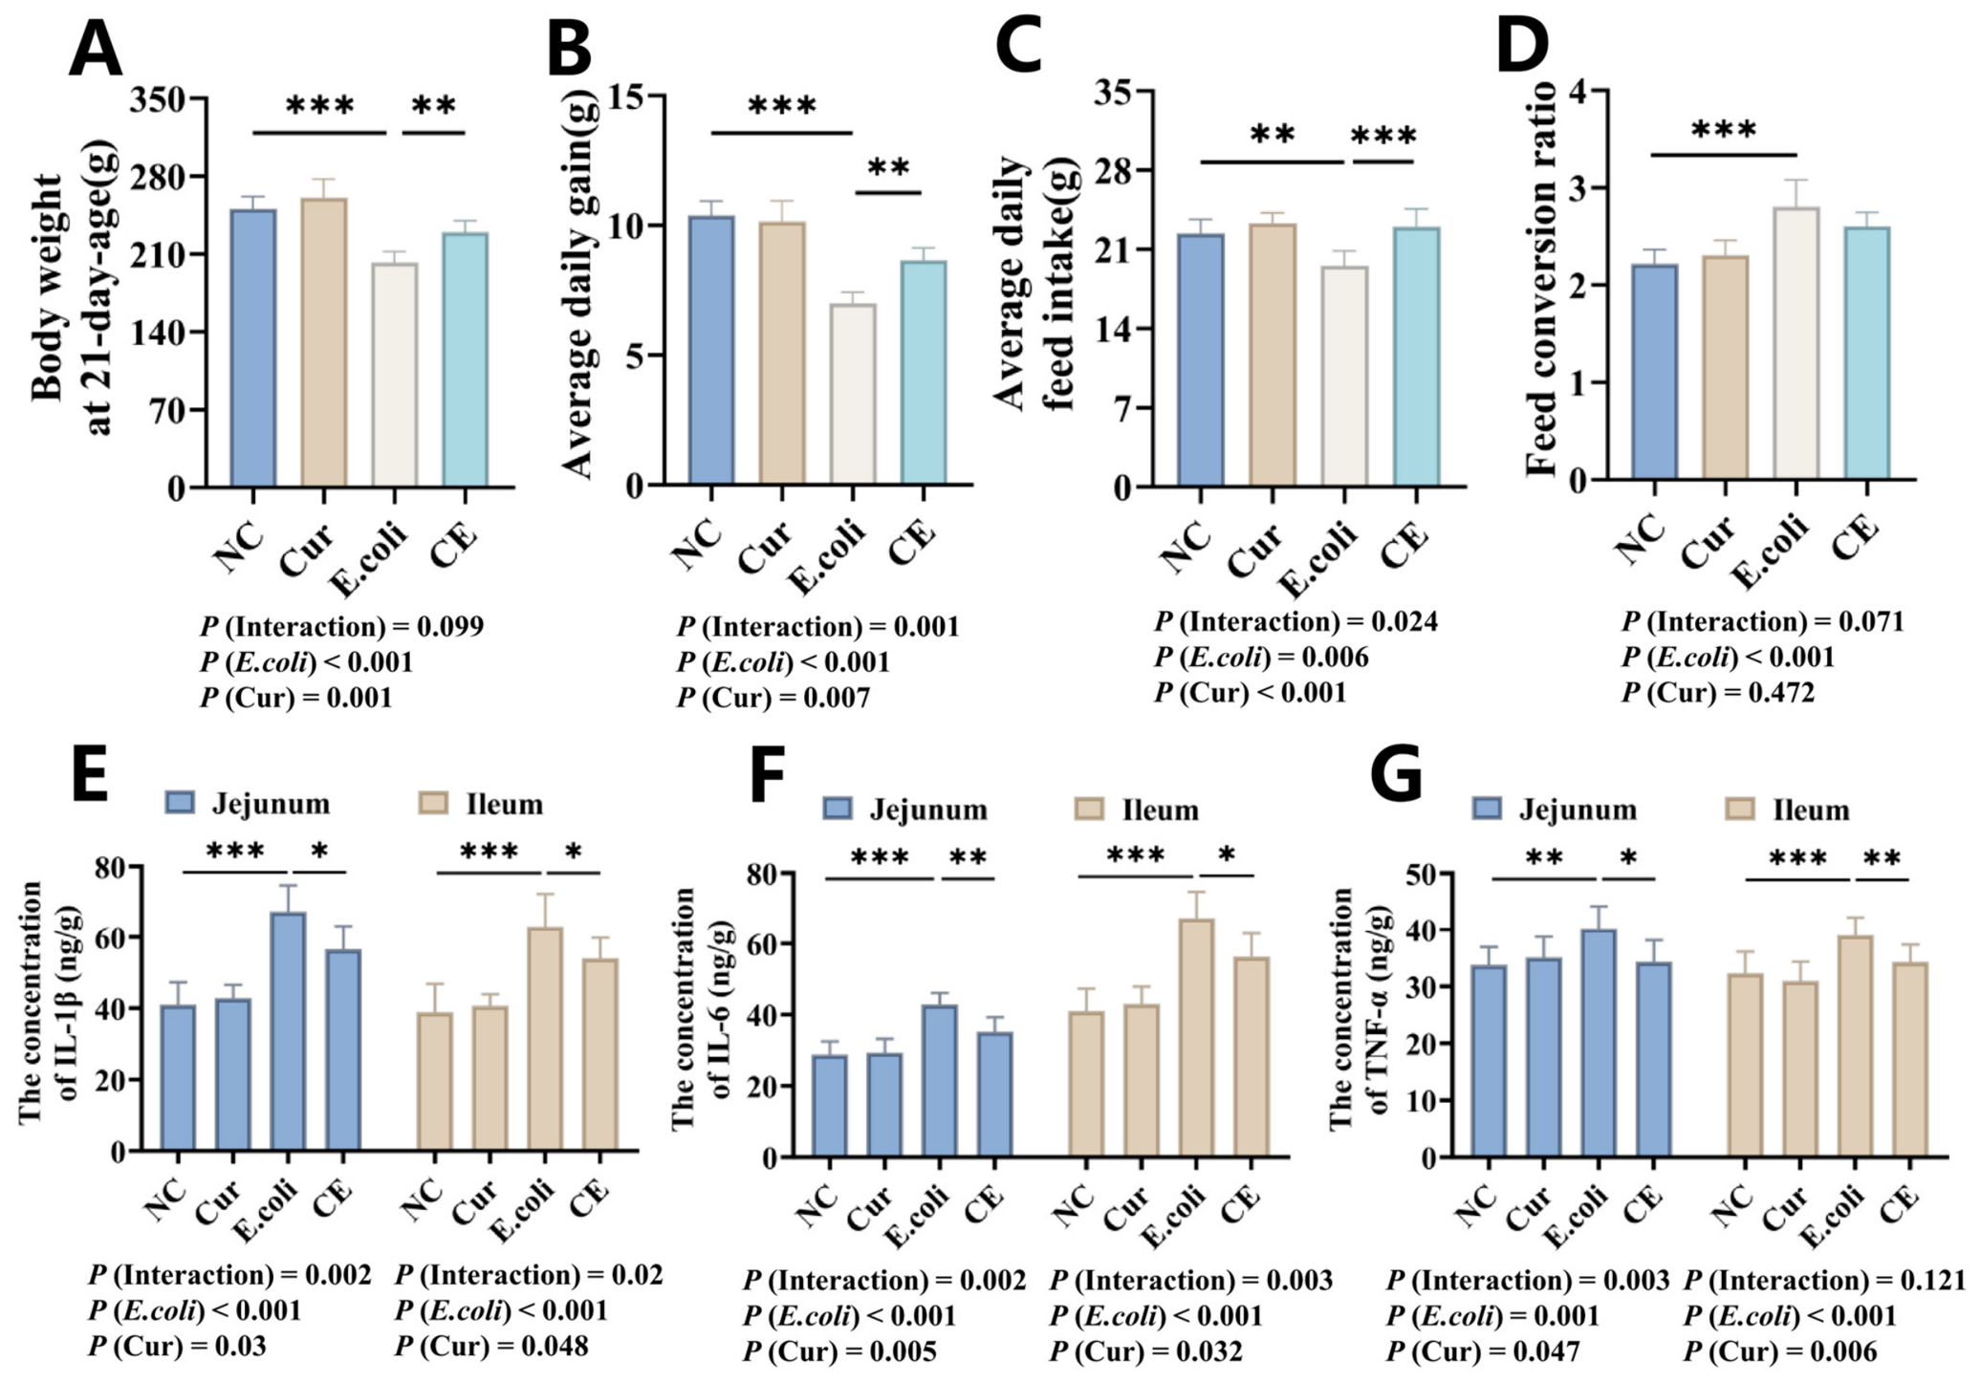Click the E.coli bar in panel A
[394, 375]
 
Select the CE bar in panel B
[924, 373]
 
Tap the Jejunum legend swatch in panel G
[1488, 810]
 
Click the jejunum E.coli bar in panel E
[288, 1031]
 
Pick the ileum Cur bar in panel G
[1799, 1070]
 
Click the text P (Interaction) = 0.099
[341, 627]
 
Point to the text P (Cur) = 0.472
[1718, 691]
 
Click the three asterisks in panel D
[1724, 129]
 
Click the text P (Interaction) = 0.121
[1824, 1280]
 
